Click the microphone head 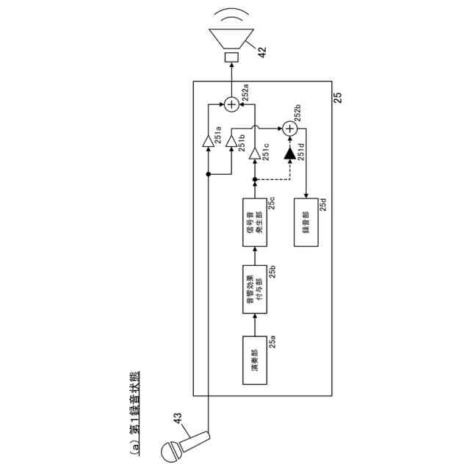(x=171, y=450)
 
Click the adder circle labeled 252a (x=231, y=104)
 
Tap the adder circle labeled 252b (x=290, y=129)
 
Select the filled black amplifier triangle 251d (x=289, y=154)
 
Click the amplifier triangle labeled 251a (x=209, y=141)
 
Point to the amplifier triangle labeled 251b (x=231, y=140)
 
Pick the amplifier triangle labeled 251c (x=254, y=153)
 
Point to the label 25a (x=272, y=341)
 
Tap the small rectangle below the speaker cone (x=231, y=57)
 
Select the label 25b (x=272, y=272)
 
